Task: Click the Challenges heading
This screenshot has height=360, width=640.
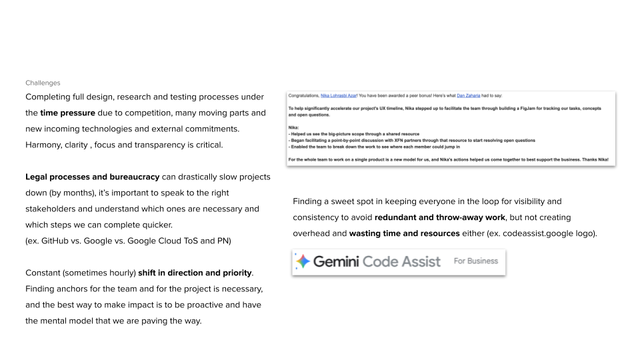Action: coord(43,83)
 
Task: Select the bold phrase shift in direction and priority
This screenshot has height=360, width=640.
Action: coord(195,273)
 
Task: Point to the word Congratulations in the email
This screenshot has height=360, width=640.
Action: coord(303,95)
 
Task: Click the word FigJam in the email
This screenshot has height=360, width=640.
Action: coord(512,108)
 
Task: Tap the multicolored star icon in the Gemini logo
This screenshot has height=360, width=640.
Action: coord(303,261)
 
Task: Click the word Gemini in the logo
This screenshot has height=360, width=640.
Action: coord(337,261)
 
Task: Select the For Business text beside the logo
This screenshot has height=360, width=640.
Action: coord(475,261)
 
